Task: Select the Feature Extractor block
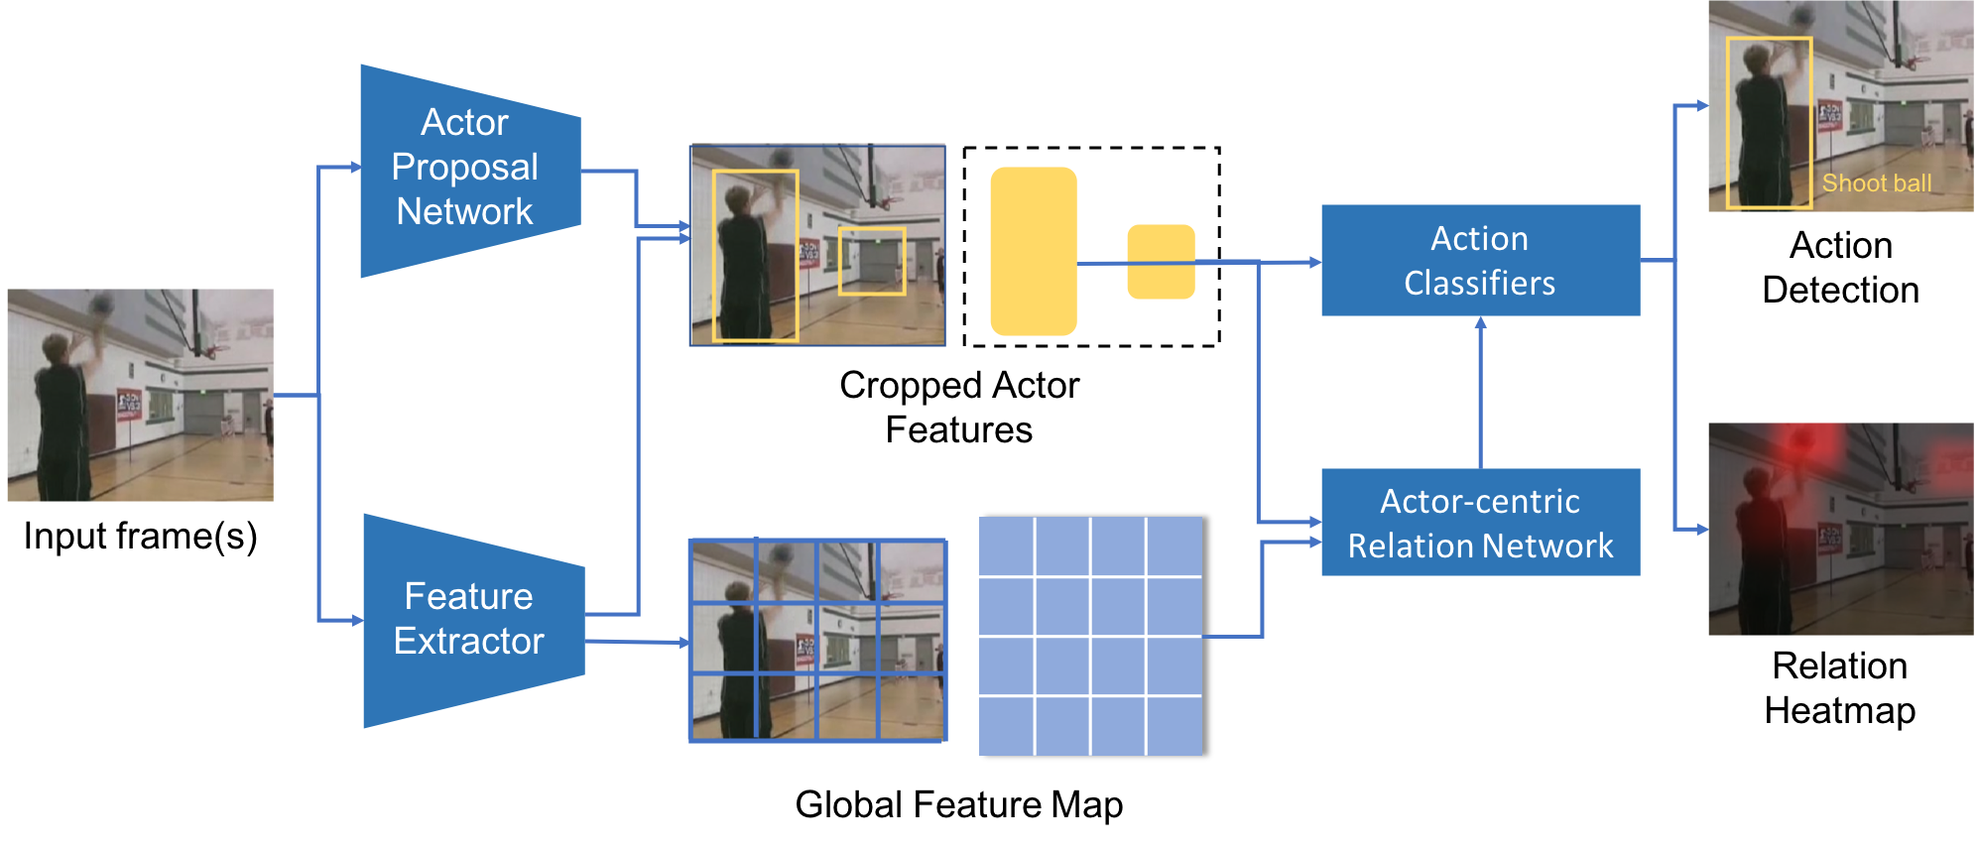pyautogui.click(x=472, y=620)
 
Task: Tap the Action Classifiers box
pyautogui.click(x=1479, y=260)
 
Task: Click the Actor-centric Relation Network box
pyautogui.click(x=1479, y=523)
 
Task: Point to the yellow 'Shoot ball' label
pyautogui.click(x=1876, y=183)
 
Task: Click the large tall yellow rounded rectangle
pyautogui.click(x=1033, y=251)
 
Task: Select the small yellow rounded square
pyautogui.click(x=1161, y=262)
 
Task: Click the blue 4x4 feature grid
pyautogui.click(x=1089, y=636)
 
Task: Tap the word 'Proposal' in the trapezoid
pyautogui.click(x=464, y=167)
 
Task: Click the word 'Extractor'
pyautogui.click(x=468, y=642)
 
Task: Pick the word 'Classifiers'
pyautogui.click(x=1479, y=284)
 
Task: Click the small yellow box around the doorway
pyautogui.click(x=872, y=262)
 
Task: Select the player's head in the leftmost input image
pyautogui.click(x=56, y=348)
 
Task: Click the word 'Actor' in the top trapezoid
pyautogui.click(x=464, y=123)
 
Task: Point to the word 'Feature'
pyautogui.click(x=468, y=597)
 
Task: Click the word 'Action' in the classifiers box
pyautogui.click(x=1479, y=239)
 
